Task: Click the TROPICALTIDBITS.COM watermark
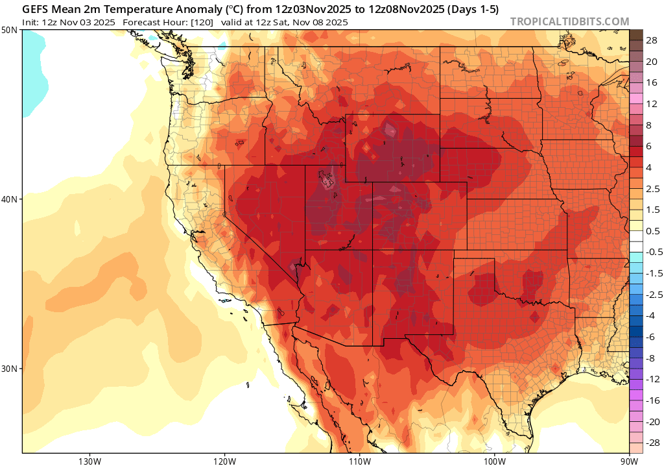tap(569, 21)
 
